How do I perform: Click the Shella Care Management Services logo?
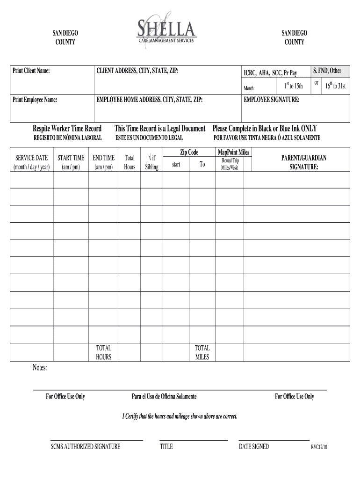(166, 29)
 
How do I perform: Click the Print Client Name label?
(31, 71)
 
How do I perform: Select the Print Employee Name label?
(35, 100)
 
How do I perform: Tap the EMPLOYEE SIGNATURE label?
(272, 100)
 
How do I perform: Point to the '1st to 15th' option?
(294, 86)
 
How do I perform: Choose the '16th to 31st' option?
(336, 86)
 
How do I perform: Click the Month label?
(249, 88)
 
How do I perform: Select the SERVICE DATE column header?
(32, 162)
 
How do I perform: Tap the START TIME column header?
(71, 162)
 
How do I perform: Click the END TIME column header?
(104, 162)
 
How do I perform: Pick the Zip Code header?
(189, 152)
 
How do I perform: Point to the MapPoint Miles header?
(233, 152)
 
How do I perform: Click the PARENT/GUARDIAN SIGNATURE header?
(303, 162)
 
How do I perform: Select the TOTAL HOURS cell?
(104, 352)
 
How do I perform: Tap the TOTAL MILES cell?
(202, 352)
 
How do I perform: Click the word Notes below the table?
(40, 368)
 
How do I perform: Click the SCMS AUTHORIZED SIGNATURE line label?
(86, 447)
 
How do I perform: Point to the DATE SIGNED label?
(254, 447)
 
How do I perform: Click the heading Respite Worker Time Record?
(67, 128)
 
